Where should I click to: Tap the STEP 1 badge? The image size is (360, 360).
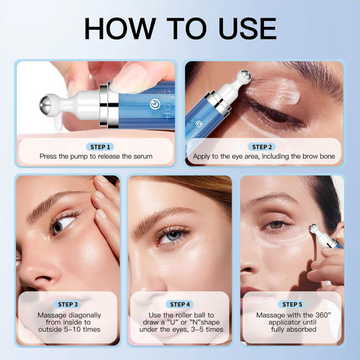click(100, 146)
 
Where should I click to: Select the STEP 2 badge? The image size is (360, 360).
click(260, 146)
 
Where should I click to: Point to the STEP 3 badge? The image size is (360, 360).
click(68, 304)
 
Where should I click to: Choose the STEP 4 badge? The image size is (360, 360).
click(180, 304)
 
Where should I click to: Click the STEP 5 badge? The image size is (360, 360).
click(291, 304)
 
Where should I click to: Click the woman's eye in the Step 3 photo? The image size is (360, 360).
click(61, 225)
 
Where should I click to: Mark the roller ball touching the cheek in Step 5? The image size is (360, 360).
click(314, 232)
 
